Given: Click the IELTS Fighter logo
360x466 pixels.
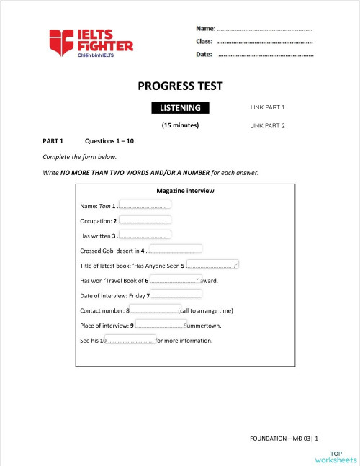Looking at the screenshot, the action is tap(91, 44).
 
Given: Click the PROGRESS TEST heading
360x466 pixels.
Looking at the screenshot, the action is tap(180, 86).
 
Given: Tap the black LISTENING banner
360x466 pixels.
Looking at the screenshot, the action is tap(180, 108).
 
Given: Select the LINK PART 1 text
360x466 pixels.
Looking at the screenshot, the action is tap(267, 107).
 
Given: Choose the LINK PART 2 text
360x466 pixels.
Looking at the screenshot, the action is tap(267, 126).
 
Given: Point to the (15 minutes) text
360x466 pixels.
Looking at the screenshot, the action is tap(180, 125).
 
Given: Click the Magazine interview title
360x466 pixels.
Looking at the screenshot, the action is tap(185, 191).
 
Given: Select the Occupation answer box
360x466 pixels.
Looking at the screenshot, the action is tap(144, 220).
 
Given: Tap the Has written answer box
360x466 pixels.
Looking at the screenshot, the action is tap(144, 235).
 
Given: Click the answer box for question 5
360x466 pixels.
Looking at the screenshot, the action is tap(212, 264).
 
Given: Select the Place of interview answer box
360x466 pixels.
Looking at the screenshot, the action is tap(161, 324).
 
